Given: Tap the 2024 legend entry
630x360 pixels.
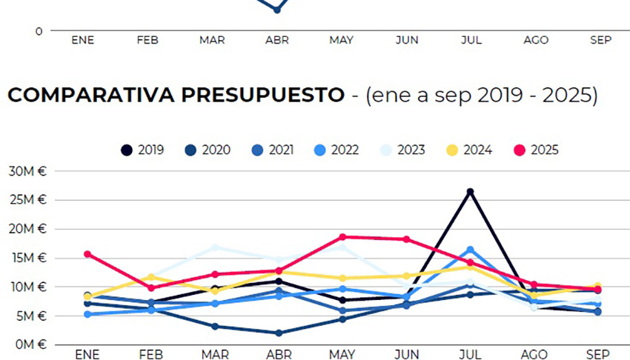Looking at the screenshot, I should click(471, 150).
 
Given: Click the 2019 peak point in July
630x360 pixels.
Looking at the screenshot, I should click(470, 192).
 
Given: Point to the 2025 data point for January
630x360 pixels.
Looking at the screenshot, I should click(87, 254).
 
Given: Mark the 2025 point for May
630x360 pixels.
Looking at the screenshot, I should click(342, 237).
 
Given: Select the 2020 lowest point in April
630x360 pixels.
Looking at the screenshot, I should click(279, 333).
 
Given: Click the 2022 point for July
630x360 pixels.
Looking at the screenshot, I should click(470, 250).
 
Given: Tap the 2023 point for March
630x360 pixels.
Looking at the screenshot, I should click(215, 247).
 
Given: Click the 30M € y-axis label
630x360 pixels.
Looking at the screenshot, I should click(27, 171).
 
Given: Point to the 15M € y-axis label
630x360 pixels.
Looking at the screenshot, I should click(27, 258).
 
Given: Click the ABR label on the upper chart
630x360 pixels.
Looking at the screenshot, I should click(277, 40).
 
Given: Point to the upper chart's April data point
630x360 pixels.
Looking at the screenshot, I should click(277, 10).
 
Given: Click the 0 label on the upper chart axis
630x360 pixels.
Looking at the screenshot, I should click(39, 31).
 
